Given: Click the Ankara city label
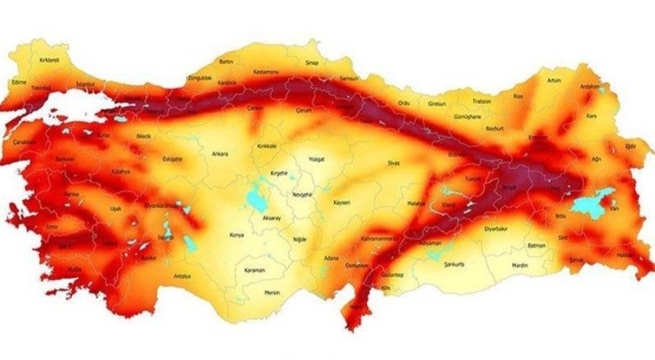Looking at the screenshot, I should tap(219, 153).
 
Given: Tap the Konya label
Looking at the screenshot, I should tap(237, 235).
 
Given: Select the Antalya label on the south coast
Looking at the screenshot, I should tap(183, 276).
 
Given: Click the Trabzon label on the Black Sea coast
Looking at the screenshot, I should tap(481, 101).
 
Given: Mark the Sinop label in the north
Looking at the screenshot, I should tap(311, 63).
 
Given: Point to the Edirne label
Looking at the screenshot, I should tap(18, 82).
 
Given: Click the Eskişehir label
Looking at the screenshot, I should tap(172, 159).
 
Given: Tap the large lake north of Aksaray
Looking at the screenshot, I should tap(256, 196).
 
